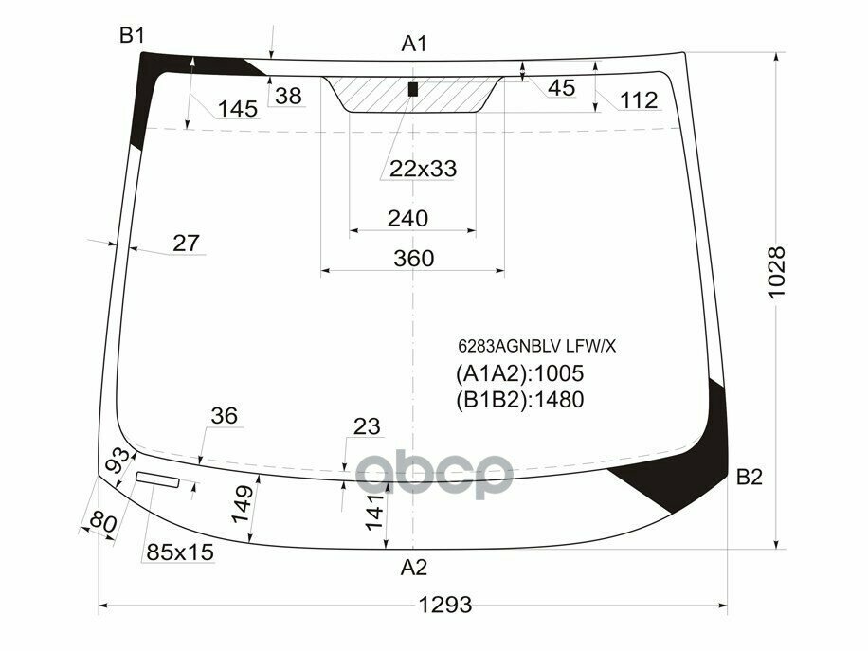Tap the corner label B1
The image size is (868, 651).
[x=131, y=36]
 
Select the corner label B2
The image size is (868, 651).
[x=749, y=478]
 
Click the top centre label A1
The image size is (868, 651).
[x=414, y=44]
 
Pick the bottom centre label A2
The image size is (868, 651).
[x=414, y=568]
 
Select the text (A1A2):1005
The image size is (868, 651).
[x=519, y=373]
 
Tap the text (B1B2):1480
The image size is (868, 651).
[x=519, y=399]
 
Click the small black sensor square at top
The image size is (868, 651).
[x=412, y=90]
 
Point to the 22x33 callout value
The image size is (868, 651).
[x=423, y=169]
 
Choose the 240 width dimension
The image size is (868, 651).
[x=407, y=219]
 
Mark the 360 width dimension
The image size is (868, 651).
[x=413, y=259]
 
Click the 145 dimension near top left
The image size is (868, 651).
[x=237, y=109]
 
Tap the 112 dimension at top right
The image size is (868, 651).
[x=639, y=100]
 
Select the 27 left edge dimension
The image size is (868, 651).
[x=186, y=243]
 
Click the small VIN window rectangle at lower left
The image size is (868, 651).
[x=157, y=480]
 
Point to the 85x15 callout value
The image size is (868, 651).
[x=179, y=552]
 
